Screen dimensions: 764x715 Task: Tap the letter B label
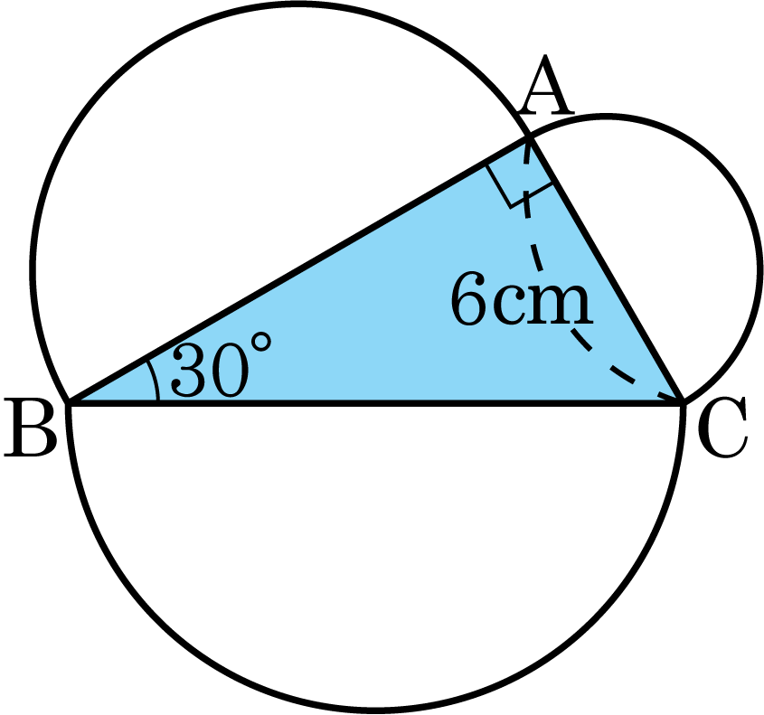pos(29,427)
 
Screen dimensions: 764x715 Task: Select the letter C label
pos(722,428)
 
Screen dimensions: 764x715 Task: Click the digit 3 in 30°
pos(190,372)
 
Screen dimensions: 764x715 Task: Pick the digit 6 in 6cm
pos(468,298)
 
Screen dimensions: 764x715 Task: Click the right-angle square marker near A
pos(519,184)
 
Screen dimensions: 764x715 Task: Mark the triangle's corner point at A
pos(530,139)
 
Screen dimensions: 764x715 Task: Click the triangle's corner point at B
pos(70,402)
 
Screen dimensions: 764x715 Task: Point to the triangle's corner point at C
pos(682,402)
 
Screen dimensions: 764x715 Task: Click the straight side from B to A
pos(299,271)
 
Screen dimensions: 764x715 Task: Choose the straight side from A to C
pos(606,271)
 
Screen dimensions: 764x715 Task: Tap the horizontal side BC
pos(375,403)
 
